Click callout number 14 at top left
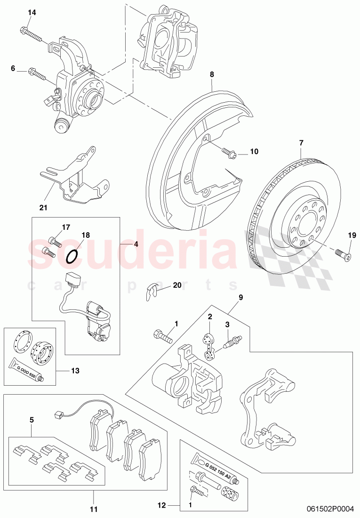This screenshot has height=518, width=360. pos(32,13)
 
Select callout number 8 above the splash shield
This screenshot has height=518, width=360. pos(212,74)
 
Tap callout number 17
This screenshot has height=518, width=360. pos(65,227)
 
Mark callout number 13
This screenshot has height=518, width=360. pos(75,371)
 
